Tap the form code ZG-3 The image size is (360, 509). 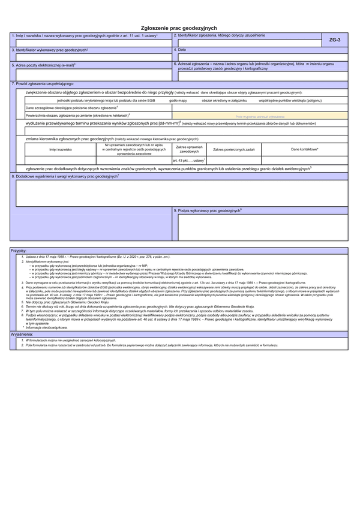pos(335,40)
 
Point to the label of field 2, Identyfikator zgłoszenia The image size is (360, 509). pos(218,36)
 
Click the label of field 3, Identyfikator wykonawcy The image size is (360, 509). pos(50,49)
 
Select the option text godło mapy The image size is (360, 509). pos(178,100)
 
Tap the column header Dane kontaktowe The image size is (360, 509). pos(304,149)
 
